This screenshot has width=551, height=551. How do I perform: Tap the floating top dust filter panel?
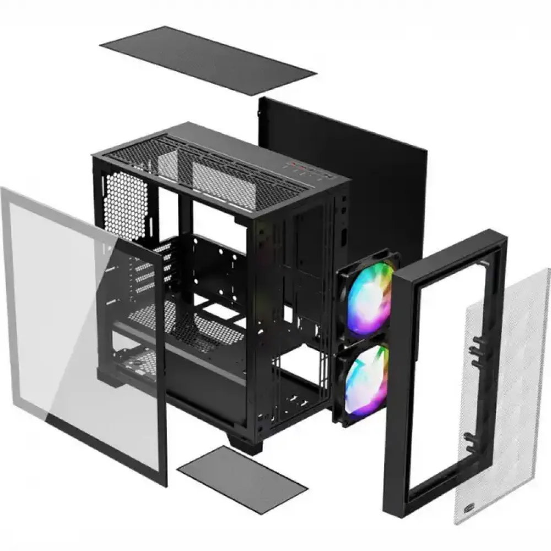point(208,59)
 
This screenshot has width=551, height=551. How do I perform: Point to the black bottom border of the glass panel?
point(105,446)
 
